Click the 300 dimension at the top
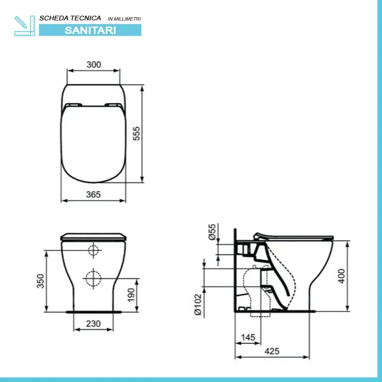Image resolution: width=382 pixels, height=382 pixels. pos(94,64)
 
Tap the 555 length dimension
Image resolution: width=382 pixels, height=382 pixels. pos(137,134)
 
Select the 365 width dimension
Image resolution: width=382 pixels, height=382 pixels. pos(93,194)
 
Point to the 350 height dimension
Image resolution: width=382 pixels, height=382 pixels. pos(41,281)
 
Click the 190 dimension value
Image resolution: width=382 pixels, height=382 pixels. pos(131,295)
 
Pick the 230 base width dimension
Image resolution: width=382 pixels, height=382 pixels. pos(93,324)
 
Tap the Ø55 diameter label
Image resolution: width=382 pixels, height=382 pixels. pos(212,232)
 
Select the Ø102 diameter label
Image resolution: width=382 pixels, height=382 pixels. pos(198,305)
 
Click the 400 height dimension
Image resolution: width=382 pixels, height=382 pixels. pos(342,276)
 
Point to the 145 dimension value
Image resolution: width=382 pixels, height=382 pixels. pos(248,338)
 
